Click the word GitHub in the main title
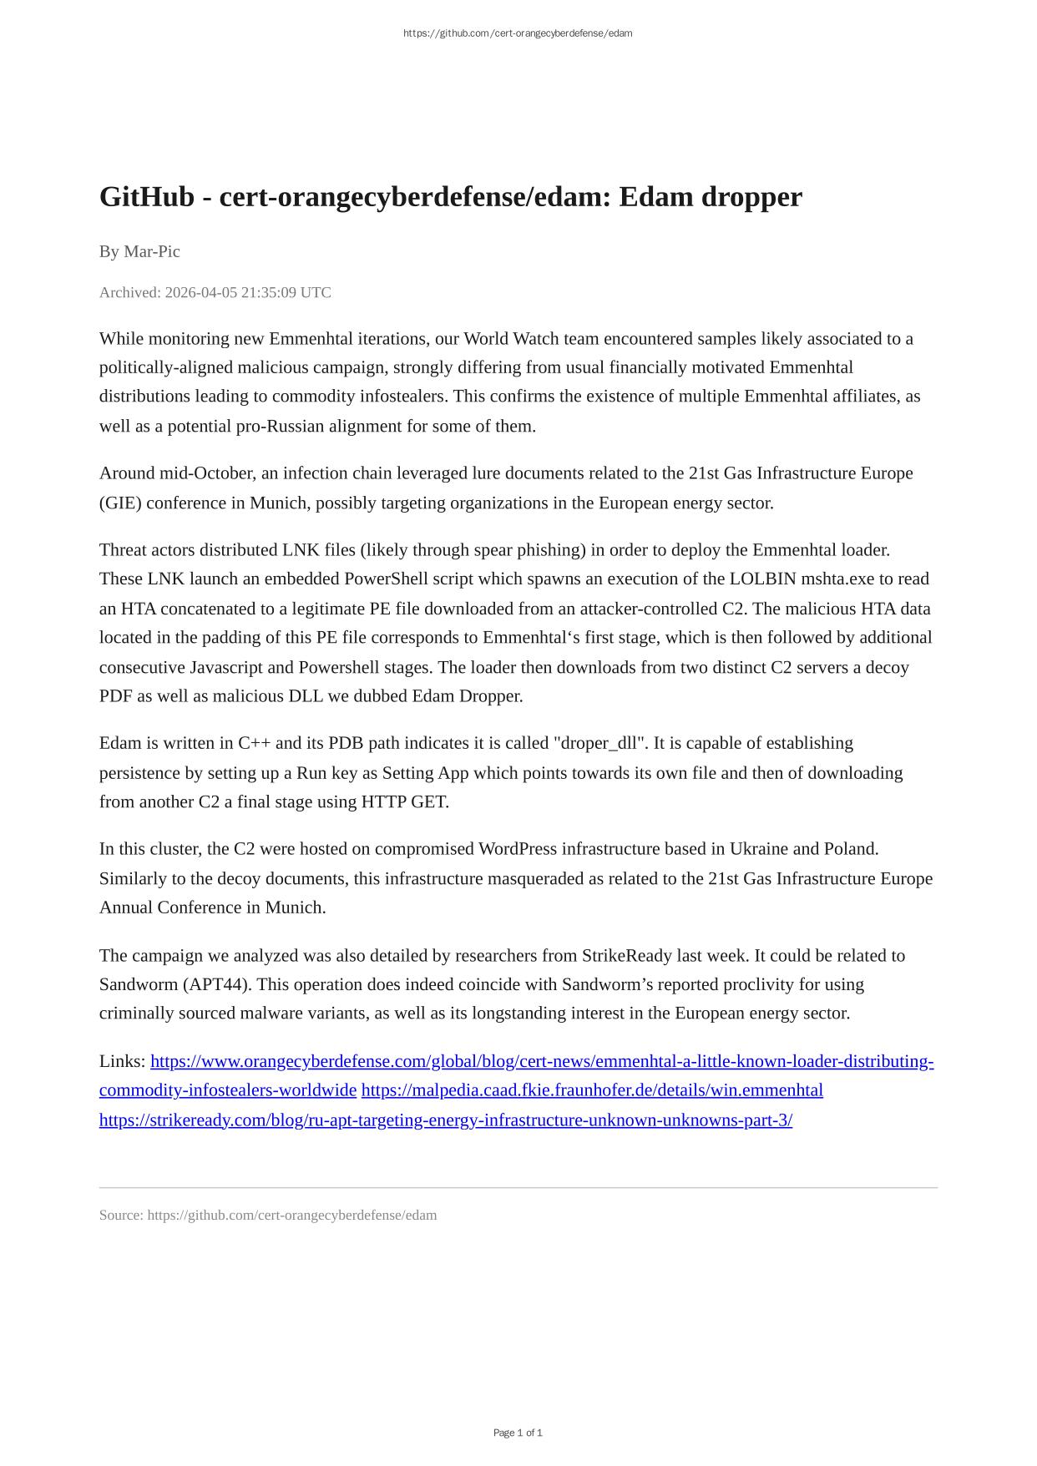tap(146, 197)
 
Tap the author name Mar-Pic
tap(151, 251)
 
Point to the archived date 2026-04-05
tap(200, 292)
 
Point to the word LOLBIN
tap(762, 579)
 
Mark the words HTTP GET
tap(404, 801)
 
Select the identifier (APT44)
tap(216, 983)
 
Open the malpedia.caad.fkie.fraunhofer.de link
tap(592, 1089)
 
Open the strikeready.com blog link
tap(445, 1120)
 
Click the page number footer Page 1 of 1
tap(518, 1433)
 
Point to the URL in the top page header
tap(518, 33)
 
